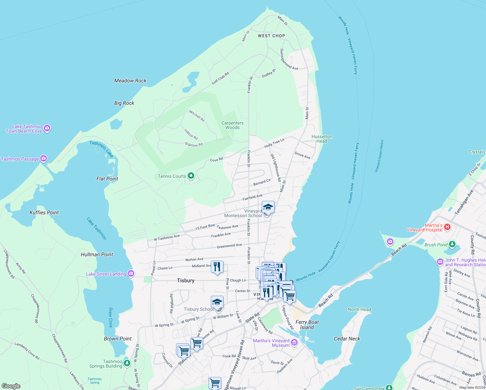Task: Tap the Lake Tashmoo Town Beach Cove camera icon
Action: (47, 129)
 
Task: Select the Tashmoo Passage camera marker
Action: (44, 159)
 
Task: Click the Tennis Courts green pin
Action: (191, 176)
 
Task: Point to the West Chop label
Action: (271, 36)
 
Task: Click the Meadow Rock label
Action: (130, 81)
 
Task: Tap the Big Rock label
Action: (124, 103)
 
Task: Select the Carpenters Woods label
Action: (233, 125)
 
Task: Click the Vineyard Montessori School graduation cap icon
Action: (268, 207)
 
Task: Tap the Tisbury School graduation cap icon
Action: (217, 302)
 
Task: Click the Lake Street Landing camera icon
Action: (131, 274)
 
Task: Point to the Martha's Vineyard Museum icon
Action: (294, 342)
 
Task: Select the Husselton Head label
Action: (322, 139)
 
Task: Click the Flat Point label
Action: (107, 179)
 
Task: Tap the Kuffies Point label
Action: (44, 213)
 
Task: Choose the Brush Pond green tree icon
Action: (452, 244)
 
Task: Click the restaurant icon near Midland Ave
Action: (217, 267)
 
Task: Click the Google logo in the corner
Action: (11, 386)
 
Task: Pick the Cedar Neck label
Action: (347, 339)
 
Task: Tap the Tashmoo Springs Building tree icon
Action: (127, 363)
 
